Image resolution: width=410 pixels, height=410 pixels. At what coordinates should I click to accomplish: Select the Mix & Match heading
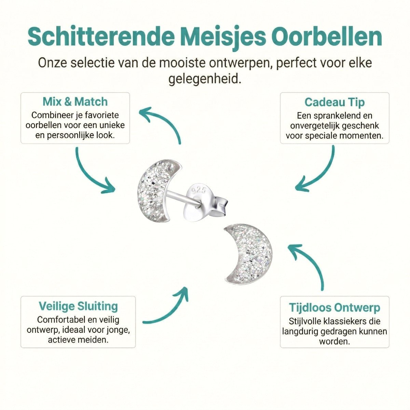click(75, 101)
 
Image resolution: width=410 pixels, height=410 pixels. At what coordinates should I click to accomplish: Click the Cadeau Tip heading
click(334, 102)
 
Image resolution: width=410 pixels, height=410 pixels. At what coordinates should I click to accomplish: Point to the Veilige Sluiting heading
click(78, 306)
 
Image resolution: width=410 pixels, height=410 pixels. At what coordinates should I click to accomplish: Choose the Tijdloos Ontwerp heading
click(334, 307)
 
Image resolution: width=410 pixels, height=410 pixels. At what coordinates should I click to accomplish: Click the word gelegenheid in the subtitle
click(205, 79)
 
